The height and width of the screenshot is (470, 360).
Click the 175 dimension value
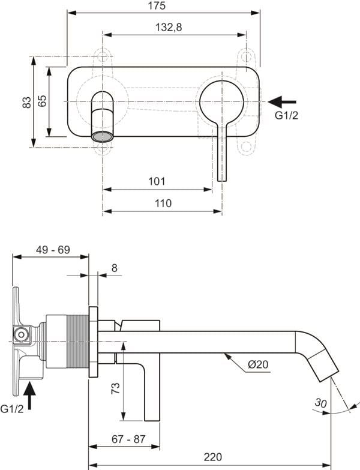coord(163,5)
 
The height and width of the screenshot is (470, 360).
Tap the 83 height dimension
coord(26,103)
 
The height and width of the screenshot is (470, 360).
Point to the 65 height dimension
coord(41,101)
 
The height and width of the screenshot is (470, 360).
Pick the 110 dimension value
coord(163,203)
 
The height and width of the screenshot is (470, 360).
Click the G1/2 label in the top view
coord(286,116)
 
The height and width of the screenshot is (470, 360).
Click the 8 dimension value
coord(115,268)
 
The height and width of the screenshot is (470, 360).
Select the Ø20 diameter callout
coord(257,364)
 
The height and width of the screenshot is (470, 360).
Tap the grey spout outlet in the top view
coord(102,136)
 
